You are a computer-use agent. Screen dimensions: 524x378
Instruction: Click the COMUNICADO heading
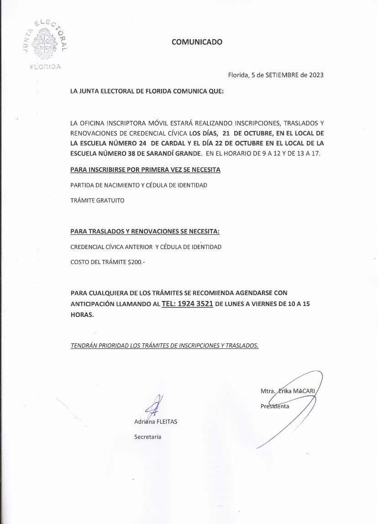(x=197, y=42)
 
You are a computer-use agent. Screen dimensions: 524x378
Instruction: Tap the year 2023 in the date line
(x=315, y=76)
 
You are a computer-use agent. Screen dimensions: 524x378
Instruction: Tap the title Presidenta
(x=275, y=406)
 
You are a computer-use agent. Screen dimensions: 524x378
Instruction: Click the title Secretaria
(x=147, y=437)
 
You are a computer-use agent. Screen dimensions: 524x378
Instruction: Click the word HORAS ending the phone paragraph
(x=82, y=315)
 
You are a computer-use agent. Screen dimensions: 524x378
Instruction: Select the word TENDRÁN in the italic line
(x=84, y=346)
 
